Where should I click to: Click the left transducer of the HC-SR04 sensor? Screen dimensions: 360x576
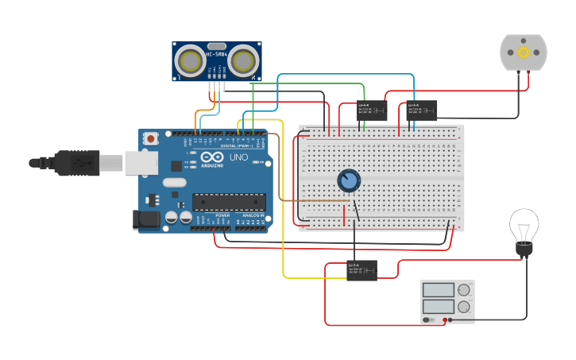(191, 60)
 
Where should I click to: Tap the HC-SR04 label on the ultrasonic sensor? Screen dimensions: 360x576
(216, 54)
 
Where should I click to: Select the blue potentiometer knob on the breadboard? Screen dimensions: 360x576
(348, 181)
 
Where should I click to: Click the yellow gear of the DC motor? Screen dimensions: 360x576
(523, 52)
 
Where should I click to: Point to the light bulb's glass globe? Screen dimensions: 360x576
(524, 225)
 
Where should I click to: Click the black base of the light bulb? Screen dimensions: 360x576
(524, 250)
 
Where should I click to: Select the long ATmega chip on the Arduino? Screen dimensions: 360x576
(229, 203)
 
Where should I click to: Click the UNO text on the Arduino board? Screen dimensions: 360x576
(239, 157)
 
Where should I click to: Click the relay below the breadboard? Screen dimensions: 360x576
(361, 270)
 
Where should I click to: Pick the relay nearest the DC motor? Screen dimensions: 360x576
(421, 110)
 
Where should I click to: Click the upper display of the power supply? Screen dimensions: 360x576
(439, 290)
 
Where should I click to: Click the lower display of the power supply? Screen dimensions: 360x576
(439, 306)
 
